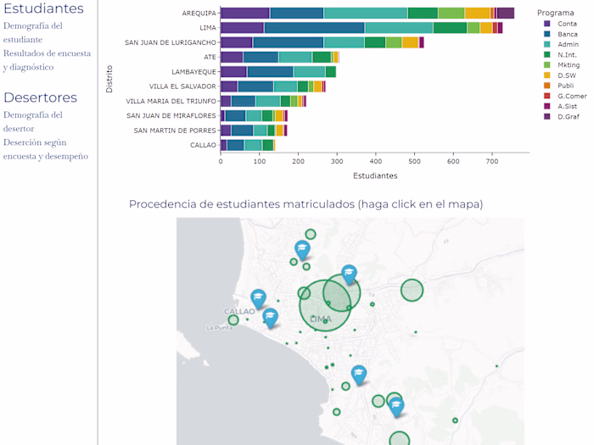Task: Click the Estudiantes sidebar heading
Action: pyautogui.click(x=43, y=9)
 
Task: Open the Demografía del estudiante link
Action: pyautogui.click(x=32, y=32)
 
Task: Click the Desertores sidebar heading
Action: pyautogui.click(x=39, y=97)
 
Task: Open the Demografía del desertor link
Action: pyautogui.click(x=32, y=121)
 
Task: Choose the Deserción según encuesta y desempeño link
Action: pyautogui.click(x=45, y=148)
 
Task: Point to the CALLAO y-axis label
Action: pyautogui.click(x=203, y=145)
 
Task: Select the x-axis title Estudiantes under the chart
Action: pyautogui.click(x=374, y=175)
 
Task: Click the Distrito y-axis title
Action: pyautogui.click(x=109, y=79)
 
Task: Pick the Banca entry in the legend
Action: pyautogui.click(x=568, y=34)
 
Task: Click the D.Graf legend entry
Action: pyautogui.click(x=569, y=116)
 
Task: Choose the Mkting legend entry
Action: pyautogui.click(x=569, y=64)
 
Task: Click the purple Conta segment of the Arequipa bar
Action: pyautogui.click(x=244, y=13)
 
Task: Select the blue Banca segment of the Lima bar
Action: pyautogui.click(x=314, y=28)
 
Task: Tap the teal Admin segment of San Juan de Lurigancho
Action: pyautogui.click(x=344, y=42)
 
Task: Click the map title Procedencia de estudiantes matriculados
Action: pyautogui.click(x=305, y=203)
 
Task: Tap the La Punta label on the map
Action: pyautogui.click(x=219, y=327)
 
